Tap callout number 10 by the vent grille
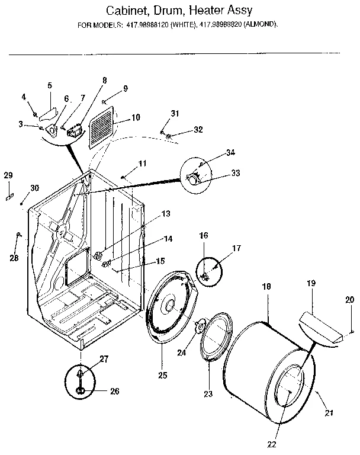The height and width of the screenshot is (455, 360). (x=136, y=117)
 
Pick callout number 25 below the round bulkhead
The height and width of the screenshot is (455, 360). (x=162, y=375)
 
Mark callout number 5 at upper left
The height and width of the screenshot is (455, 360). (x=50, y=85)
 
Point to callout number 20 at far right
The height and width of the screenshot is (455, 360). (x=350, y=300)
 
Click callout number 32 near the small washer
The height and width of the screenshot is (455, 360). (x=198, y=129)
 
